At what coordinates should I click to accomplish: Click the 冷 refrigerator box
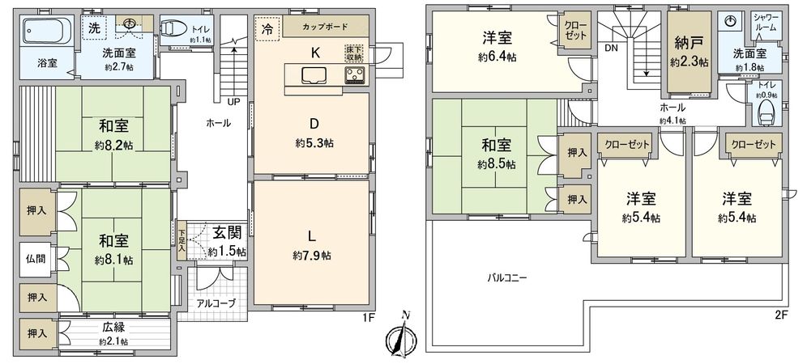point(267,28)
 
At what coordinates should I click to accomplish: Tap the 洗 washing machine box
point(96,27)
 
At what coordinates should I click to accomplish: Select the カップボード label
point(321,27)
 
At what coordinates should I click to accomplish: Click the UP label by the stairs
point(233,103)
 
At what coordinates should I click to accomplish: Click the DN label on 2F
point(609,48)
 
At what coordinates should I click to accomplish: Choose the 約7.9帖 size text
point(312,256)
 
